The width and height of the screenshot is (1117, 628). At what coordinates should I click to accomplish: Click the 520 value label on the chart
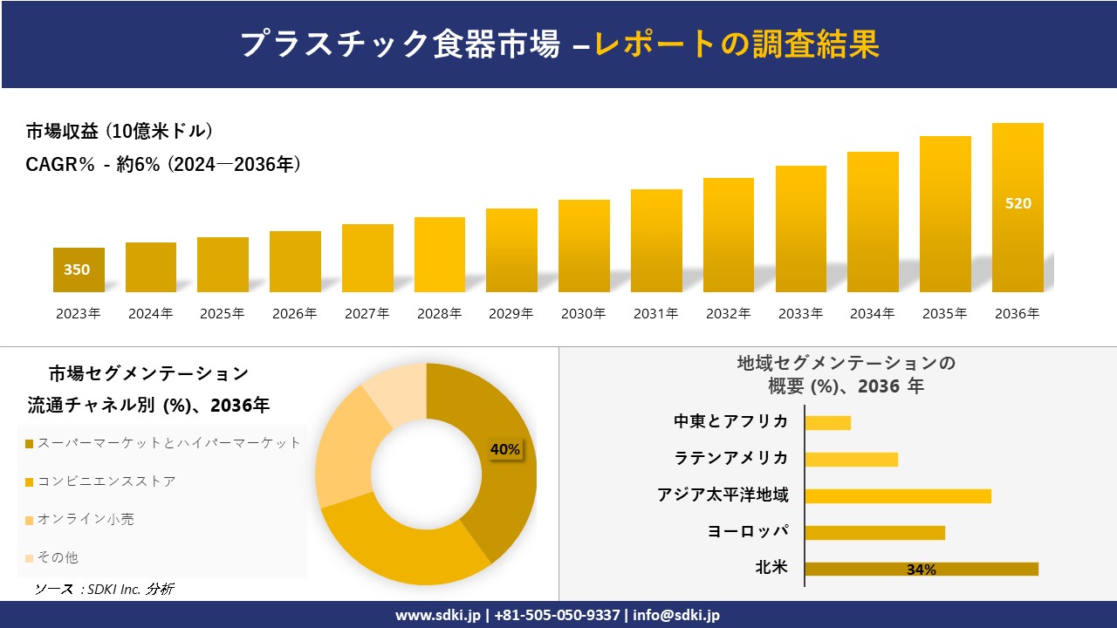coord(1018,203)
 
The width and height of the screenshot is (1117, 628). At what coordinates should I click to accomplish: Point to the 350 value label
coord(77,270)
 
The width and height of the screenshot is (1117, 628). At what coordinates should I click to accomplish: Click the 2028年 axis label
coord(439,314)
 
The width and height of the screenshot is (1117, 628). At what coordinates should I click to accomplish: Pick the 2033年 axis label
coord(800,314)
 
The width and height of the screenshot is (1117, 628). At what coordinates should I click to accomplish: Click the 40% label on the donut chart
coord(505,450)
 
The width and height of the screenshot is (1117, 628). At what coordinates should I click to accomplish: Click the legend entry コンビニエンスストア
coord(106,481)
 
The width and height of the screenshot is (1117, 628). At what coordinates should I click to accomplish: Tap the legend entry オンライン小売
coord(86,519)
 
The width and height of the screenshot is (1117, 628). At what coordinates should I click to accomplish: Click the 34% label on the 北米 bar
coord(921,570)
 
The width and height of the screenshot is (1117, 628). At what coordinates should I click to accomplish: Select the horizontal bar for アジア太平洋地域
coord(897,495)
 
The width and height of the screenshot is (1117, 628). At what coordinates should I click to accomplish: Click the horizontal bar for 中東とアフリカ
coord(827,422)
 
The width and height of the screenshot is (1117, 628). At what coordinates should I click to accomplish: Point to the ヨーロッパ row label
coord(749,531)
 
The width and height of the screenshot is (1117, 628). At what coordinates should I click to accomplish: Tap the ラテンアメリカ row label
coord(731,458)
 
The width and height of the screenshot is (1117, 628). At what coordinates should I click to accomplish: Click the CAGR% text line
coord(163,164)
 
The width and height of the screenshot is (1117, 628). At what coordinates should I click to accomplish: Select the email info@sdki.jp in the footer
coord(676,615)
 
